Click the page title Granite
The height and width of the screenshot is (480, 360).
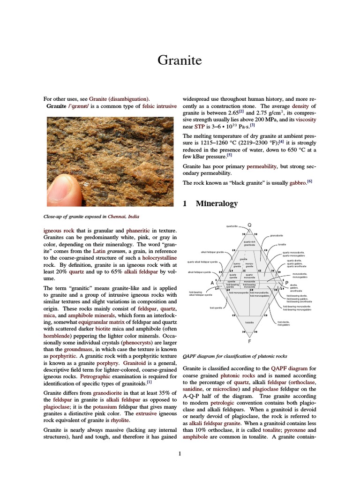(180, 60)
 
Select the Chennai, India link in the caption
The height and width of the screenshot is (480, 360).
(123, 217)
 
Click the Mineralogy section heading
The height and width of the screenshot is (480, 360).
(217, 203)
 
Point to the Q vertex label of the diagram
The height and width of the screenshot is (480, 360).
(249, 225)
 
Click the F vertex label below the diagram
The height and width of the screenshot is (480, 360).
(249, 341)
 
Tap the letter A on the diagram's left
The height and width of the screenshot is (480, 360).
(212, 283)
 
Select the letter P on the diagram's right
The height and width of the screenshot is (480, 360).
(286, 283)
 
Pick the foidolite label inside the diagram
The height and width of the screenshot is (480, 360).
(249, 322)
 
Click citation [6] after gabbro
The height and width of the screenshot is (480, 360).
(309, 181)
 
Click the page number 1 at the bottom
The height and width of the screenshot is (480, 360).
(180, 453)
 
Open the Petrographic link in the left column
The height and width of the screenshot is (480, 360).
(95, 376)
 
